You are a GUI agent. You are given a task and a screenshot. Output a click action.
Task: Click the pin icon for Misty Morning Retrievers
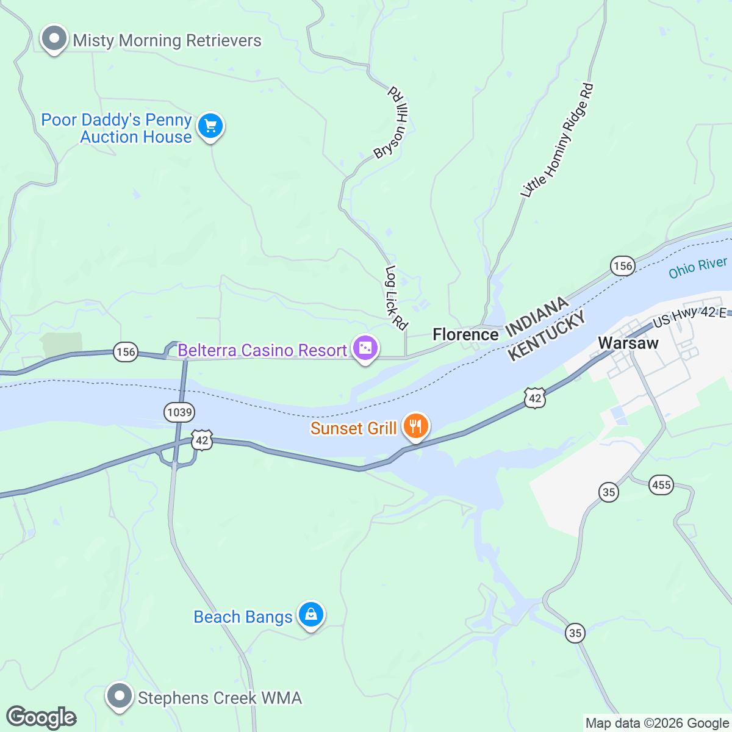pyautogui.click(x=54, y=39)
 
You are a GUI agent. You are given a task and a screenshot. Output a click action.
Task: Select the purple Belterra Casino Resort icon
pyautogui.click(x=365, y=349)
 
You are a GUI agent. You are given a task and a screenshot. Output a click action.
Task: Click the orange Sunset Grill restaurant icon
pyautogui.click(x=415, y=426)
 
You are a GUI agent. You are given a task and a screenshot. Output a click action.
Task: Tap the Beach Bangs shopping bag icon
pyautogui.click(x=310, y=614)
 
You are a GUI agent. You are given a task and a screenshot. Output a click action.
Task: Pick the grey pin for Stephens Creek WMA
pyautogui.click(x=120, y=696)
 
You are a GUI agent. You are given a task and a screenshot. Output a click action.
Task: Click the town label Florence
pyautogui.click(x=465, y=334)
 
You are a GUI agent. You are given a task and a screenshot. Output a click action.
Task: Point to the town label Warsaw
pyautogui.click(x=628, y=343)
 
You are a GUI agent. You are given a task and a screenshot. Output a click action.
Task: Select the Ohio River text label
pyautogui.click(x=697, y=268)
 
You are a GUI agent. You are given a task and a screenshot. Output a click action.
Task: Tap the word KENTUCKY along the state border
pyautogui.click(x=547, y=335)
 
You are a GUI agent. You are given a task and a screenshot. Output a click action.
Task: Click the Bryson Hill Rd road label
pyautogui.click(x=393, y=122)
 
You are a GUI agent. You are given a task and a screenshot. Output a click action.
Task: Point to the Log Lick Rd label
pyautogui.click(x=396, y=298)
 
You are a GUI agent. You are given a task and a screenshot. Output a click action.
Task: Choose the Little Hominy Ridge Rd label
pyautogui.click(x=557, y=140)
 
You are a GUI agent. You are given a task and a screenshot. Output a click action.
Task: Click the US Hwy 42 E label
pyautogui.click(x=689, y=316)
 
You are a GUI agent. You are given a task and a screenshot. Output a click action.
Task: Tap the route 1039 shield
pyautogui.click(x=179, y=412)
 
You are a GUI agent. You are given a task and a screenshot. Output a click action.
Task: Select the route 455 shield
pyautogui.click(x=661, y=486)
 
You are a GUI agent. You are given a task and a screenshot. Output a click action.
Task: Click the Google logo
pyautogui.click(x=41, y=718)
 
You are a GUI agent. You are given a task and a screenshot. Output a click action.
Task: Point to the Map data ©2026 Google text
pyautogui.click(x=657, y=723)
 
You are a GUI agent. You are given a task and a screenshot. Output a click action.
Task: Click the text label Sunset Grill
pyautogui.click(x=353, y=428)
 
